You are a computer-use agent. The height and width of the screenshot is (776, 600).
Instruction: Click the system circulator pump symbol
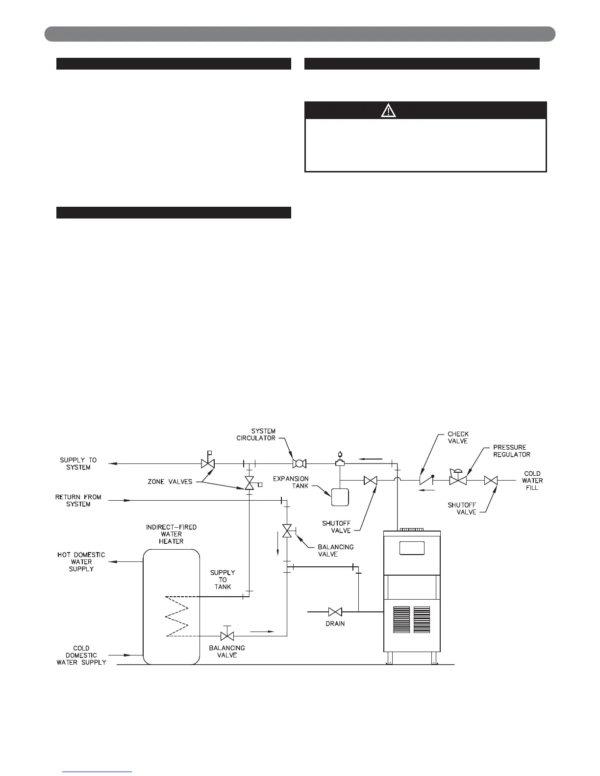(x=299, y=463)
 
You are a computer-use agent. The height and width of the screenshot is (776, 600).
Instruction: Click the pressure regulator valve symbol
(x=458, y=480)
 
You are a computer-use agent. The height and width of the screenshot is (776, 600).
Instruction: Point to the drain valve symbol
(x=335, y=611)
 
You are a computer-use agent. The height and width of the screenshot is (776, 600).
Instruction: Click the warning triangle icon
(x=388, y=111)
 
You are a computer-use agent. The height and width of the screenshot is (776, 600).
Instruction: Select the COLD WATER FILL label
(x=532, y=481)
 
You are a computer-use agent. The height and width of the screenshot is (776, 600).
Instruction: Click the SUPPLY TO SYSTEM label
(x=78, y=463)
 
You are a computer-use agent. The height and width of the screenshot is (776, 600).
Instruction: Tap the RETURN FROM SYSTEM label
(x=78, y=500)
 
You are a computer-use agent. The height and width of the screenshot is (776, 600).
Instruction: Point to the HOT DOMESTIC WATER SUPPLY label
(x=81, y=561)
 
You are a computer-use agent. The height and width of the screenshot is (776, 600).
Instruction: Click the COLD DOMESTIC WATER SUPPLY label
(x=81, y=655)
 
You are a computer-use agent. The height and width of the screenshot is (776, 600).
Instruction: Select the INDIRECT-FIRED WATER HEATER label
(x=171, y=534)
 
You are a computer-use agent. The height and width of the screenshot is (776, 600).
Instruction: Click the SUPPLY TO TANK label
(x=223, y=580)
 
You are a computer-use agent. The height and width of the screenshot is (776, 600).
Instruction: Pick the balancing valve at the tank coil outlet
(x=227, y=636)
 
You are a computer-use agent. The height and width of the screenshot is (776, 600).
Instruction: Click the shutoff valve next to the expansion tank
(x=371, y=481)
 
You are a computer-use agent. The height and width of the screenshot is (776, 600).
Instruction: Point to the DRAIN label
(x=335, y=624)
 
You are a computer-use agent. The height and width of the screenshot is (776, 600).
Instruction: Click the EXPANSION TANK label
(x=291, y=482)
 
